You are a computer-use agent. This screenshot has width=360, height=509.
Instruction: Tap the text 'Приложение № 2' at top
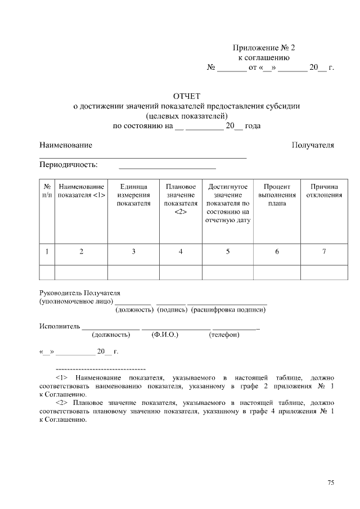[x=264, y=48]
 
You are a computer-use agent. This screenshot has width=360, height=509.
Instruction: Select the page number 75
[x=331, y=483]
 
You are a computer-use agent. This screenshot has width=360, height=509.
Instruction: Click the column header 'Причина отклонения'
[x=324, y=191]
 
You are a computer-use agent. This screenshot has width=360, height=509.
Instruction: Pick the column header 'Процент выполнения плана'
[x=277, y=195]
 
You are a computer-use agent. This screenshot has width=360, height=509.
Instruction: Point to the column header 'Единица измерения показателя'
[x=133, y=195]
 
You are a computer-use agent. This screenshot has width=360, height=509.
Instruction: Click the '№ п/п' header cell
[x=47, y=191]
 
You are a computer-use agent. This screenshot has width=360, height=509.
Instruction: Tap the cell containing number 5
[x=228, y=252]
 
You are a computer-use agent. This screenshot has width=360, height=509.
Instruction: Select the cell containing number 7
[x=324, y=252]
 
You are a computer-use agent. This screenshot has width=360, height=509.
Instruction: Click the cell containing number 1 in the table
[x=47, y=252]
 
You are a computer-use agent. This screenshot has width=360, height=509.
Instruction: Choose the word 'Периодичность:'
[x=68, y=165]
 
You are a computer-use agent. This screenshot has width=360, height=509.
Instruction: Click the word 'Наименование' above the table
[x=66, y=145]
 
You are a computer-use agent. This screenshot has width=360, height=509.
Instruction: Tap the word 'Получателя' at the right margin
[x=313, y=145]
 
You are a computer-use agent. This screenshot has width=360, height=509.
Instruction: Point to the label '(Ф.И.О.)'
[x=165, y=335]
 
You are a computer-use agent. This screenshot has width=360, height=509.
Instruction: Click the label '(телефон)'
[x=224, y=335]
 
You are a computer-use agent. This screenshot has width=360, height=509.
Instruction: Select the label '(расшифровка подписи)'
[x=228, y=310]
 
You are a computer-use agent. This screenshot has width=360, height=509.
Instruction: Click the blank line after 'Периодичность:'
[x=167, y=167]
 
